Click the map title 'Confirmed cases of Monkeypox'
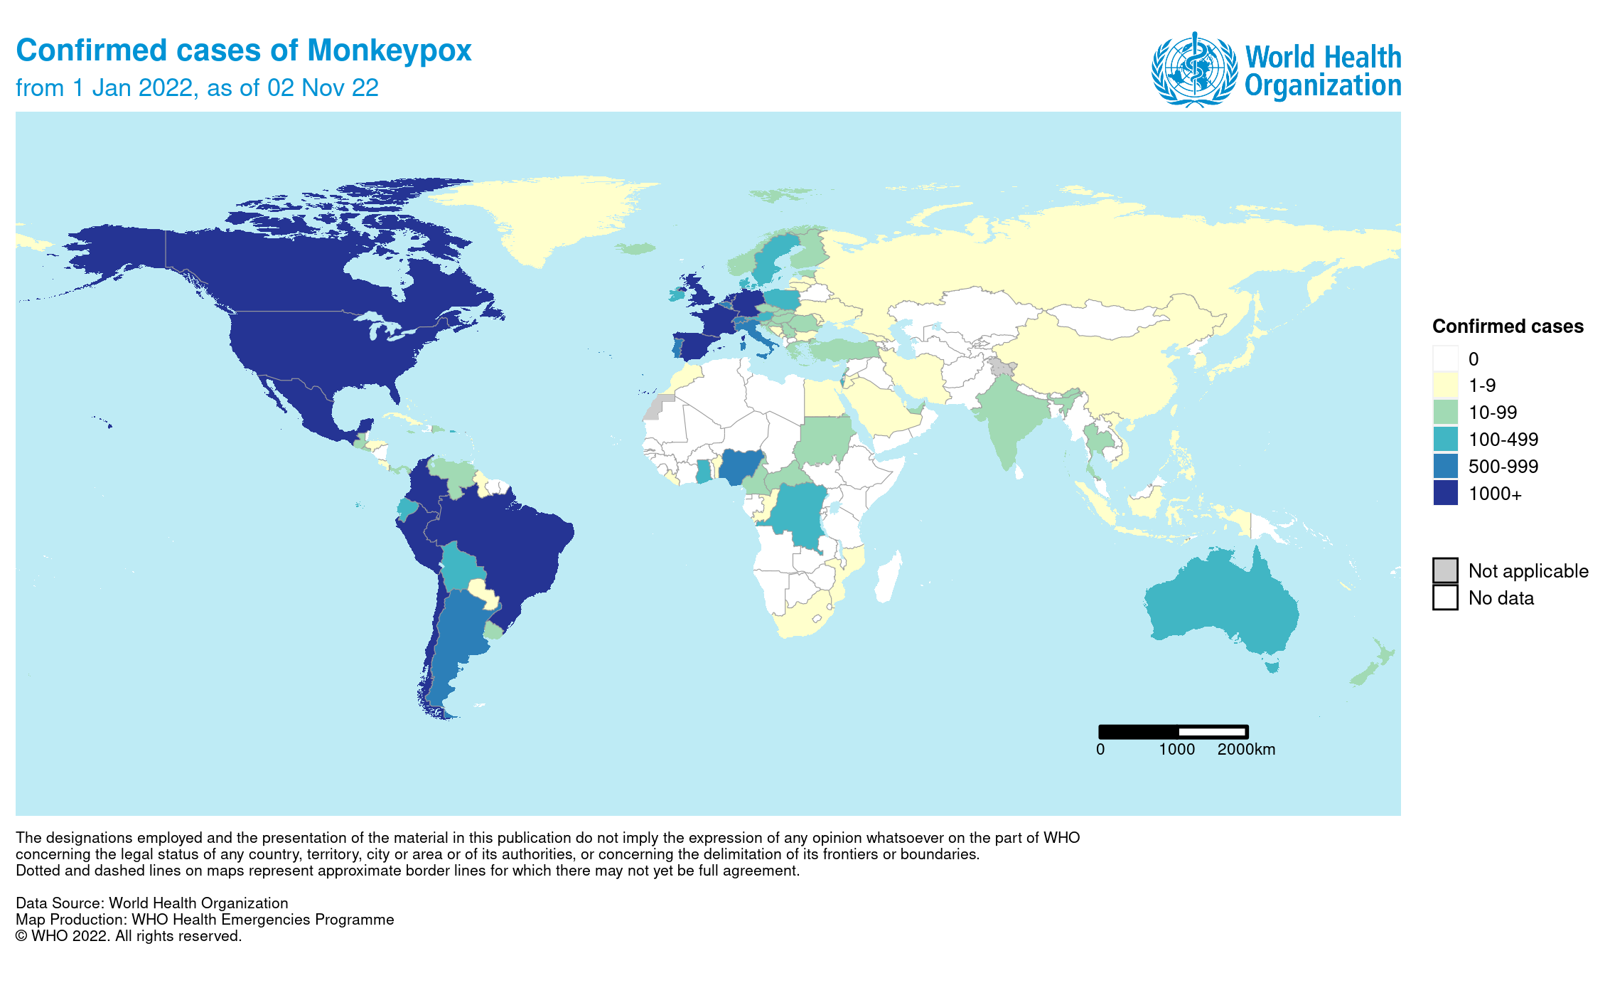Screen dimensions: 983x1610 click(243, 51)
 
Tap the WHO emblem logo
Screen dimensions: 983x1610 click(1193, 69)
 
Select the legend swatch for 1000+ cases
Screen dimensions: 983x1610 click(1445, 493)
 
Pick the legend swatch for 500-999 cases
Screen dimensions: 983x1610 click(1445, 466)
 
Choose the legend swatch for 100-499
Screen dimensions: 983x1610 click(1445, 439)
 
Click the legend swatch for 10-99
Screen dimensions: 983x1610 click(1445, 412)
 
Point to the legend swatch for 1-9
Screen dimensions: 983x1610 click(1445, 385)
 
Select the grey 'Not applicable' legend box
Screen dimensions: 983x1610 click(1445, 570)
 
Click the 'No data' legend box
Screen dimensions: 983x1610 click(1445, 597)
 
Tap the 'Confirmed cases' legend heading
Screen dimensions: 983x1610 click(1507, 326)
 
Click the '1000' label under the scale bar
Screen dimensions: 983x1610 click(1176, 750)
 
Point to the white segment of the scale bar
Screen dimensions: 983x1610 click(1211, 732)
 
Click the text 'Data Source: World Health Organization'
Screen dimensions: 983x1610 click(152, 903)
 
